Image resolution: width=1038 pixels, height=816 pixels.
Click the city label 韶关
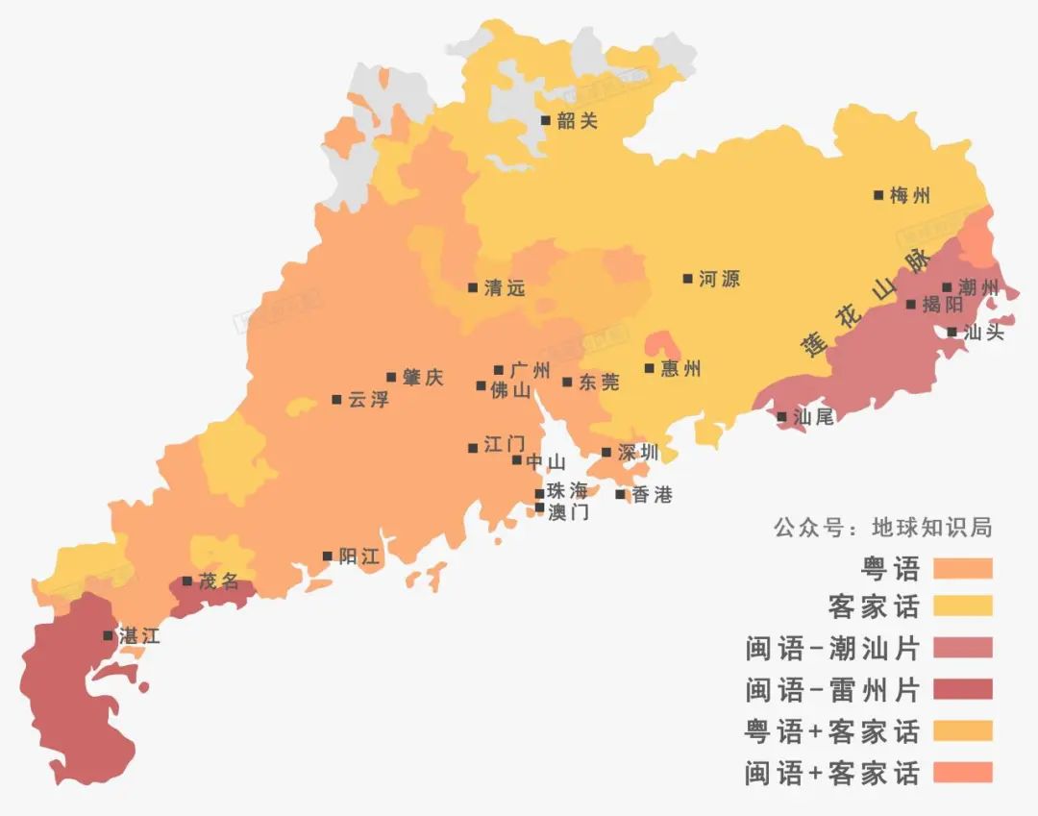pyautogui.click(x=577, y=121)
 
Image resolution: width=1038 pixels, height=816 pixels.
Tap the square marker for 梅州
pyautogui.click(x=878, y=195)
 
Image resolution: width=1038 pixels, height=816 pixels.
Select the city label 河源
pyautogui.click(x=719, y=280)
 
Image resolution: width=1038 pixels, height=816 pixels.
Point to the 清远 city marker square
pyautogui.click(x=473, y=287)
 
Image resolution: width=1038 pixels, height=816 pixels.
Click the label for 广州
pyautogui.click(x=530, y=370)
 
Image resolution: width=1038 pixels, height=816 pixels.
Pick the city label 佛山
pyautogui.click(x=510, y=391)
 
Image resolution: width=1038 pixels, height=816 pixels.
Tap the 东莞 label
pyautogui.click(x=599, y=383)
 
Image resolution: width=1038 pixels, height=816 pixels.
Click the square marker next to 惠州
pyautogui.click(x=650, y=368)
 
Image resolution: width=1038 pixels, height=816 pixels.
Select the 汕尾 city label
pyautogui.click(x=814, y=417)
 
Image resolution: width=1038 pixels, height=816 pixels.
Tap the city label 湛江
pyautogui.click(x=138, y=636)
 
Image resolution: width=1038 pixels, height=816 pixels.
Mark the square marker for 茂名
pyautogui.click(x=186, y=581)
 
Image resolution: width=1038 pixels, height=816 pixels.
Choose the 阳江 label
pyautogui.click(x=359, y=556)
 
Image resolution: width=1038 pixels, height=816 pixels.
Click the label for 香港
pyautogui.click(x=652, y=495)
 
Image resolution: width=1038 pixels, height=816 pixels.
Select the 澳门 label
pyautogui.click(x=568, y=512)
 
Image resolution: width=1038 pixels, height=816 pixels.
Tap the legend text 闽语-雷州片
pyautogui.click(x=832, y=689)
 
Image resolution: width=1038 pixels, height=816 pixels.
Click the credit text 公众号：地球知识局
pyautogui.click(x=882, y=528)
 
